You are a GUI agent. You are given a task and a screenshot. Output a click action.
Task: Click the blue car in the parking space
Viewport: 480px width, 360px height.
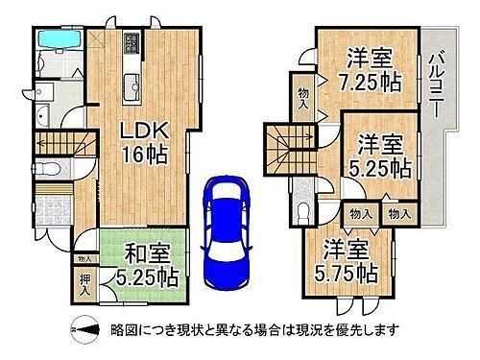226,224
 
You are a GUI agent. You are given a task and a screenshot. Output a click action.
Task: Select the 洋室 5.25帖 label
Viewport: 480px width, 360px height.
380,156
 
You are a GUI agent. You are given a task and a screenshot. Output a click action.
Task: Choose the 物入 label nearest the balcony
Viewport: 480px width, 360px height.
398,214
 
